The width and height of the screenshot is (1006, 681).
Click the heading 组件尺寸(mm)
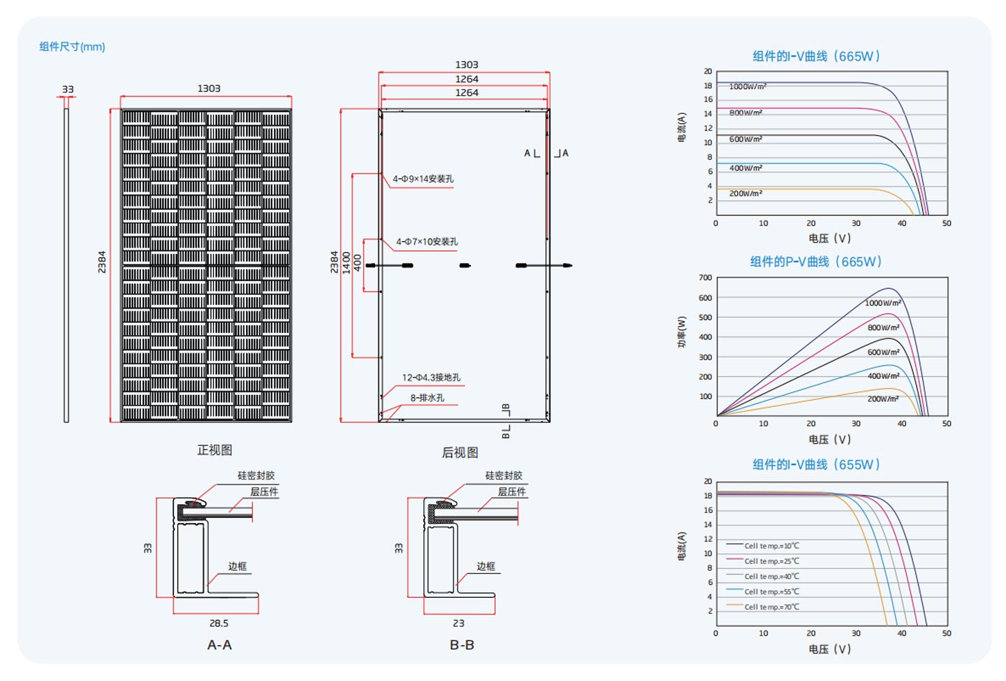tap(72, 47)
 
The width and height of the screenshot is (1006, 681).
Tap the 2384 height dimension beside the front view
tap(102, 262)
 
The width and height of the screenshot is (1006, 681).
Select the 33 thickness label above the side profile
tap(68, 89)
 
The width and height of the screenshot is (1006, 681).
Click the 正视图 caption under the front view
tap(214, 450)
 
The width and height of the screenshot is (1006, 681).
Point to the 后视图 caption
tap(460, 452)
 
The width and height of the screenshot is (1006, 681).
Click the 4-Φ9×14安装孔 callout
tap(423, 179)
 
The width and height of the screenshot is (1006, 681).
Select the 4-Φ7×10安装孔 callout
tap(427, 242)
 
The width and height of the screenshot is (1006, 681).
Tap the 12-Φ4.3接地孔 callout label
tap(431, 378)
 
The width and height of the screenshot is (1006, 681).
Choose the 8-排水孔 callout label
tap(427, 398)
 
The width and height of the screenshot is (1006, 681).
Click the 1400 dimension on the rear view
tap(347, 262)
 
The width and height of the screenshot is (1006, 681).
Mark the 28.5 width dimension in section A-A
tap(219, 624)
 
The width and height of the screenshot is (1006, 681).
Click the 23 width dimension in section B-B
tap(458, 624)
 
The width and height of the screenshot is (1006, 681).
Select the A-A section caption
tap(219, 645)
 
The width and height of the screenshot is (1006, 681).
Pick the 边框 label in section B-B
tap(486, 566)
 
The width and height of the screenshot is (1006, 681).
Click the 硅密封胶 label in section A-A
tap(256, 475)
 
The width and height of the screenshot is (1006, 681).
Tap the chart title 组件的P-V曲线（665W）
tap(815, 261)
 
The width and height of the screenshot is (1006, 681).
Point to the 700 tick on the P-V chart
tap(705, 278)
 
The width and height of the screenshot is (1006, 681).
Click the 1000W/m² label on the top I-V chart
tap(748, 86)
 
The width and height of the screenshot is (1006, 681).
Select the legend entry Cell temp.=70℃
tap(771, 607)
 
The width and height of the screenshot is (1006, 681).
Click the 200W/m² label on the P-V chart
tap(883, 399)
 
